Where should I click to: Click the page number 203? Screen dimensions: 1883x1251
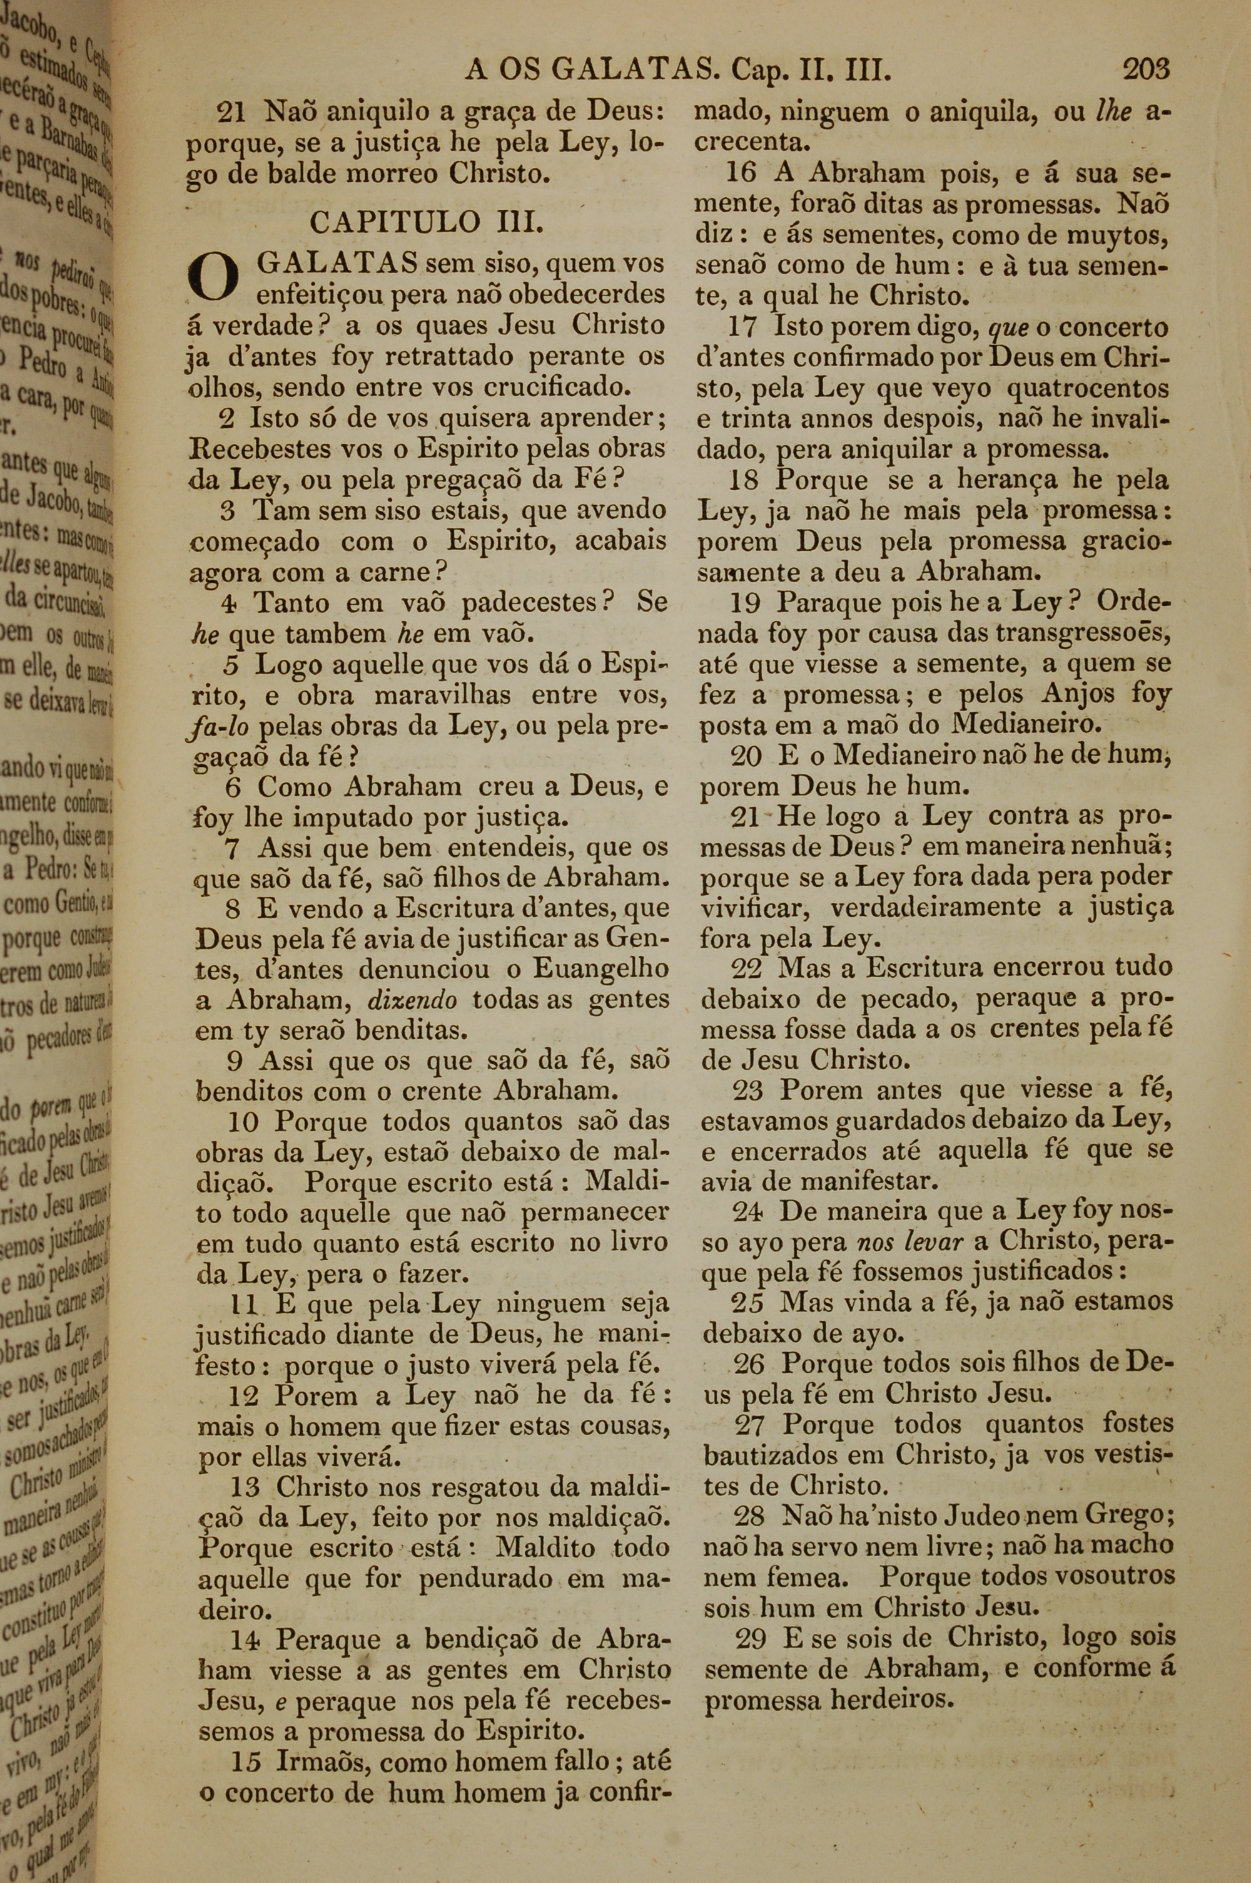[x=1146, y=70]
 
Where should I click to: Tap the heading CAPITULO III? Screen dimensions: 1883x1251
[x=428, y=222]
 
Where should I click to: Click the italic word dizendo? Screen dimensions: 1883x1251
[x=412, y=999]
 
